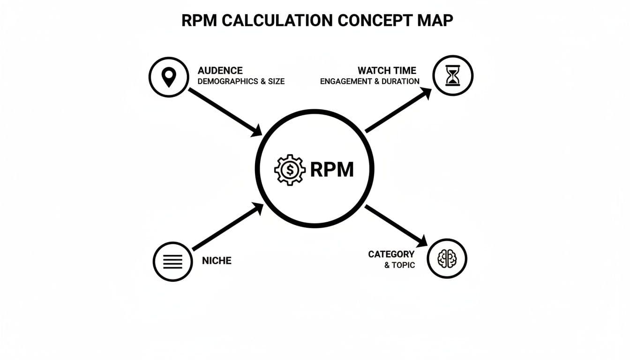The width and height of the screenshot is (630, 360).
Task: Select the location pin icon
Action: coord(169,77)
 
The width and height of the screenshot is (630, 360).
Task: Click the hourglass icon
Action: coord(453,75)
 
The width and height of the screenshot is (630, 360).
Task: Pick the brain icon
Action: coord(447,258)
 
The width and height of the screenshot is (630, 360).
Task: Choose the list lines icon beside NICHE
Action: coord(172,262)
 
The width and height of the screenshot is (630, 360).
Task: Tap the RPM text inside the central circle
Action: coord(332,170)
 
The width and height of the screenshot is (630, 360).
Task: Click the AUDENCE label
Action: coord(220,70)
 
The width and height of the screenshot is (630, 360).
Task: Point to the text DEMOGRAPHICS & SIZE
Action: coord(241,81)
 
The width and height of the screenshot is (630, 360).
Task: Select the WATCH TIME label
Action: coord(387,70)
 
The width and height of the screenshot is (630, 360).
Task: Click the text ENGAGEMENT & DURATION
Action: coord(370,81)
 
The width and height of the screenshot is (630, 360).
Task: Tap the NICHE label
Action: coord(217,261)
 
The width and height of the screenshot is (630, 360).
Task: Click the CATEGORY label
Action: coord(391,254)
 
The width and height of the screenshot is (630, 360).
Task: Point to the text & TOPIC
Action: coord(399,265)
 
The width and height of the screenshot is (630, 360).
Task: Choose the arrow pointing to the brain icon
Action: coord(396,225)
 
